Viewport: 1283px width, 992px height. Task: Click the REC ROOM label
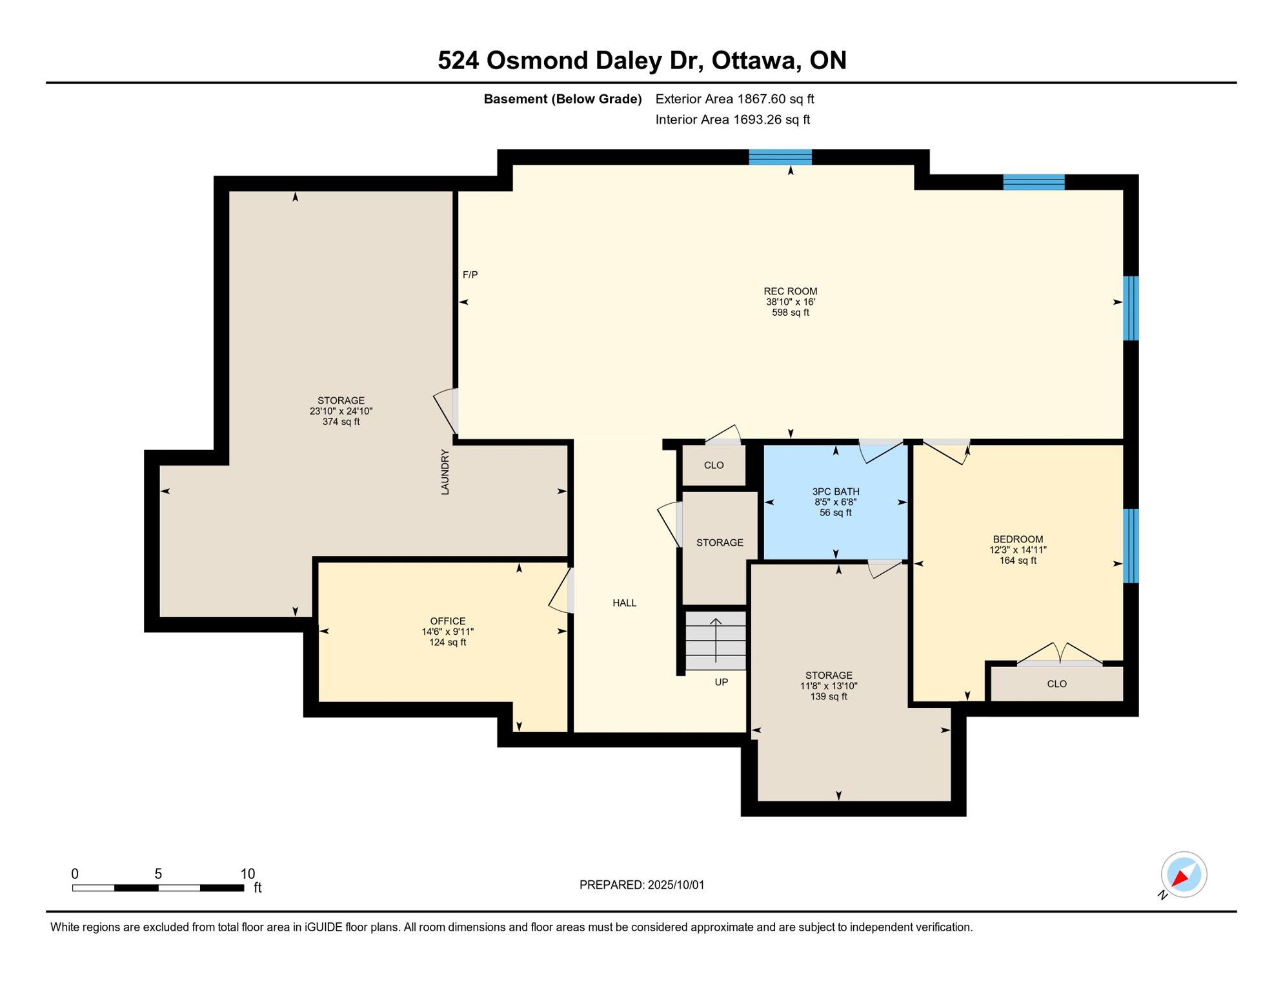tap(790, 291)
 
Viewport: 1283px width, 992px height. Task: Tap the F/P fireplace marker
tap(470, 274)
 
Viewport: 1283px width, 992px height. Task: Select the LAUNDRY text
tap(445, 472)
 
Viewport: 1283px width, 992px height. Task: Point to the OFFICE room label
tap(448, 621)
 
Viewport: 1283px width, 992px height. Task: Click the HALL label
tap(624, 603)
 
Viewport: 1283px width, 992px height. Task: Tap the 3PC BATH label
tap(835, 491)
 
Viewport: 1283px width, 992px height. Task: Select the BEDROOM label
tap(1018, 539)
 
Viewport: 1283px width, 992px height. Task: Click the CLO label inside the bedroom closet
tap(1056, 684)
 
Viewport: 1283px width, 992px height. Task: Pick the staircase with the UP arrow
tap(716, 641)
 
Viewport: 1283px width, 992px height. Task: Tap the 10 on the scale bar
tap(248, 874)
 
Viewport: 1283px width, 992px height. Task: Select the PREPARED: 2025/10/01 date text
tap(641, 885)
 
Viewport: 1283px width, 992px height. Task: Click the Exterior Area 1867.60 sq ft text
tap(734, 99)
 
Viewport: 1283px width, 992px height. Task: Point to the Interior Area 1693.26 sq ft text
tap(732, 119)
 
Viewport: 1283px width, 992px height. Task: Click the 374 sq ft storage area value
tap(341, 422)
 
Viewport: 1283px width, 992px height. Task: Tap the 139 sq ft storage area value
tap(829, 697)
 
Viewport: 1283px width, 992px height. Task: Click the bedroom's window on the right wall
tap(1131, 546)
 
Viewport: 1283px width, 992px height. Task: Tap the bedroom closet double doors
tap(1060, 654)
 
